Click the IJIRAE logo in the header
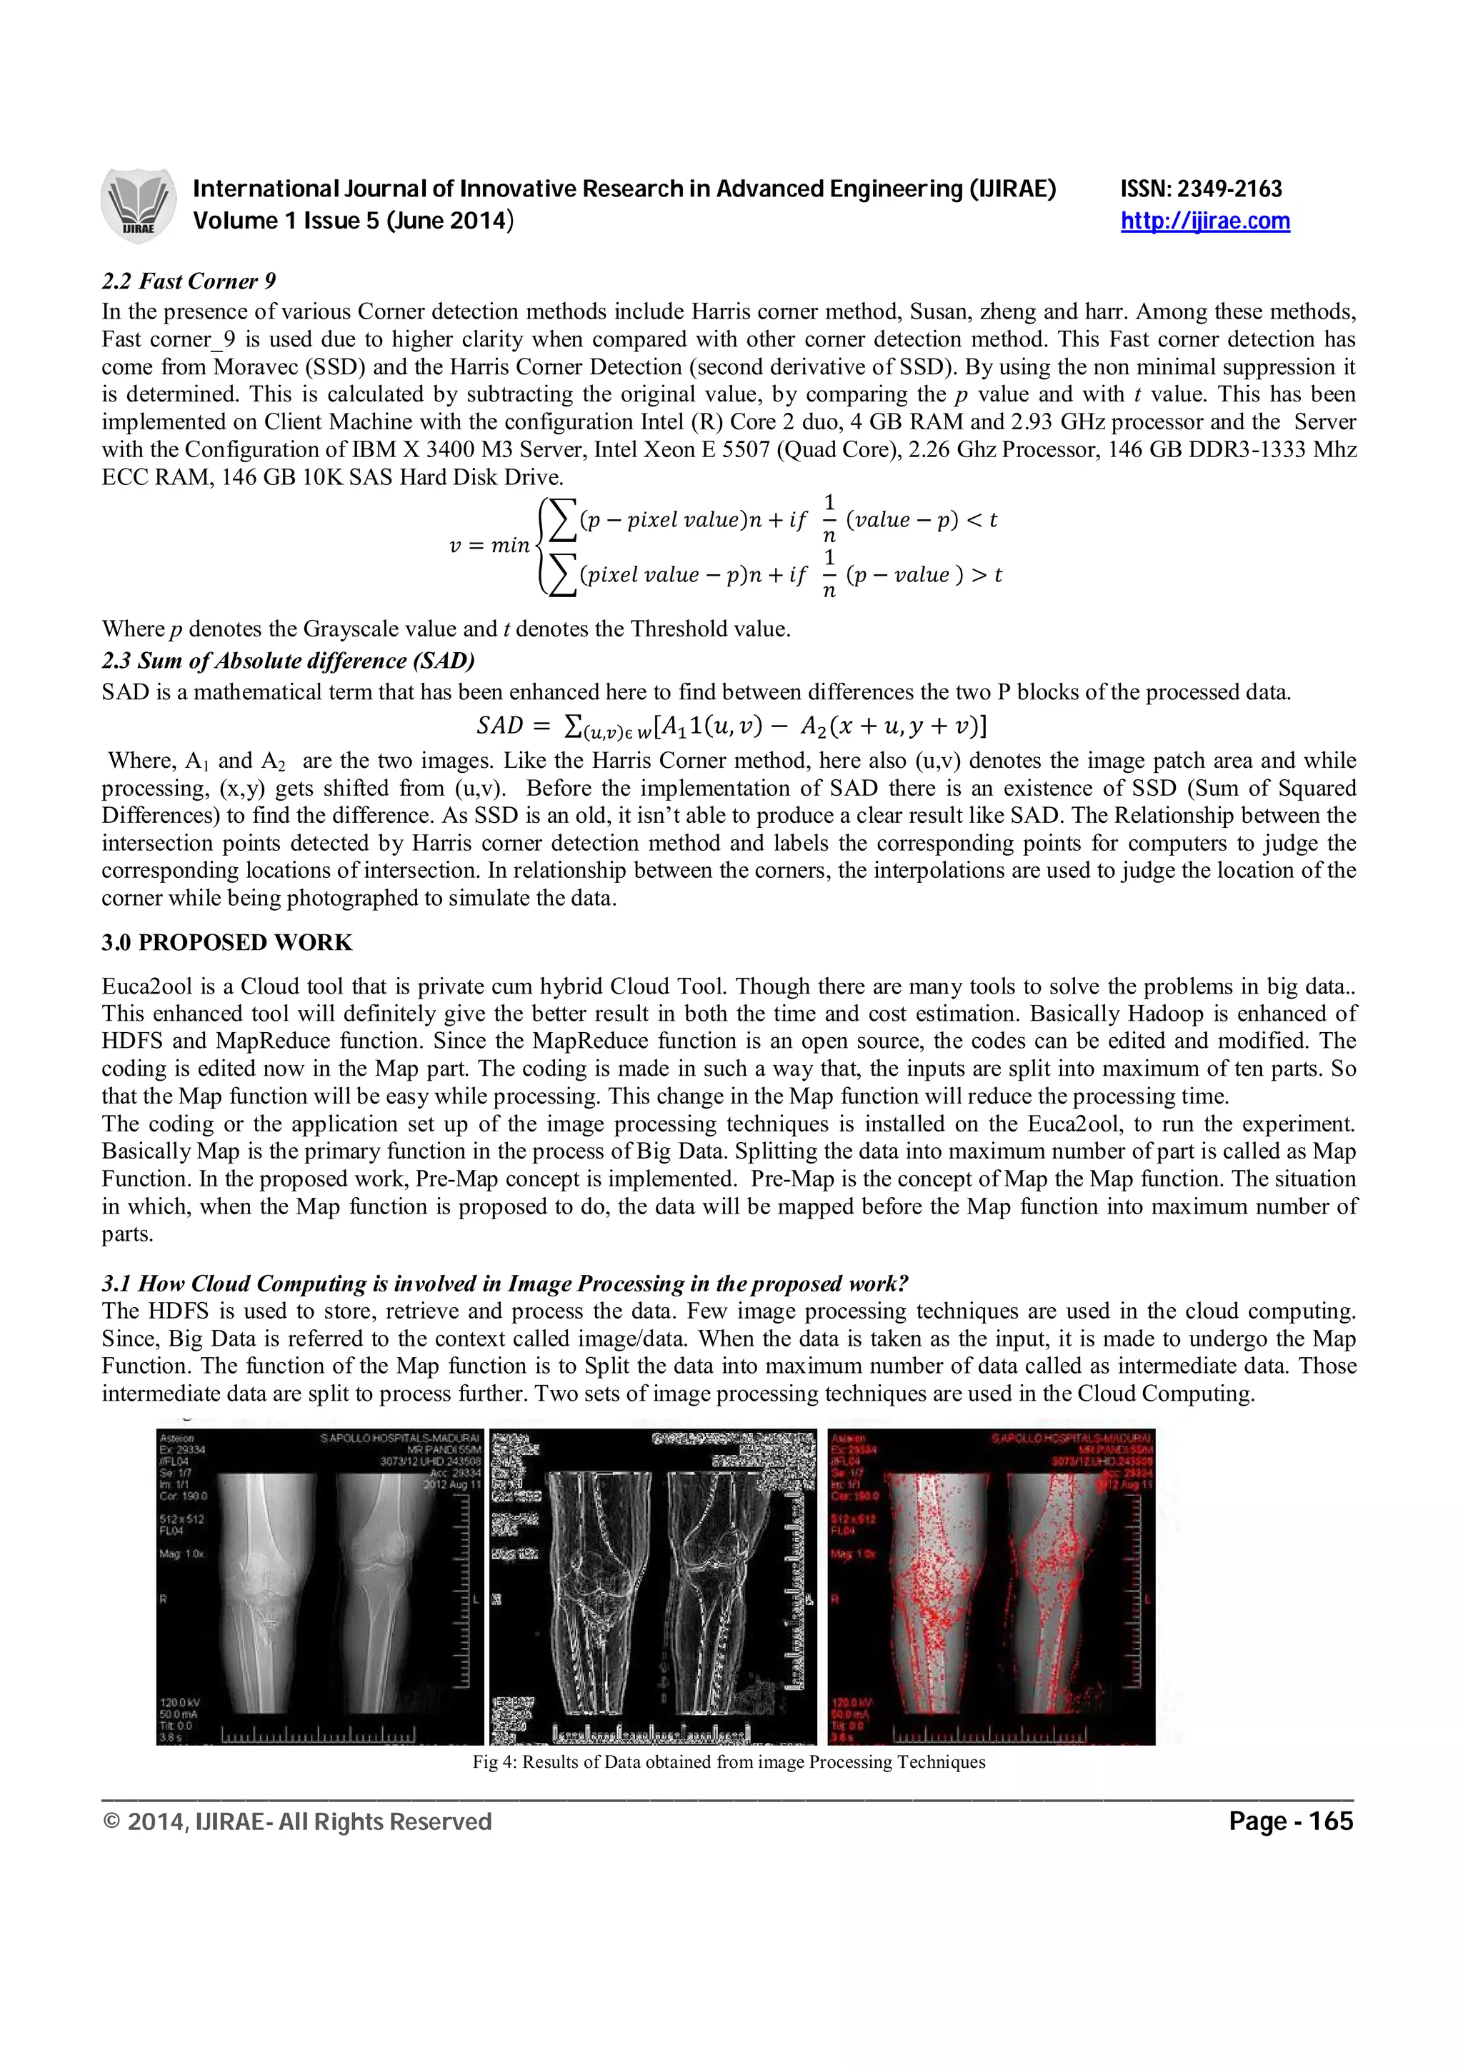point(137,205)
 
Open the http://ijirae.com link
point(1204,221)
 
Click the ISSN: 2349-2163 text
point(1201,189)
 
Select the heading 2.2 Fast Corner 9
point(189,281)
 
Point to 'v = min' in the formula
point(489,546)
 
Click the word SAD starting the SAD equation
point(499,725)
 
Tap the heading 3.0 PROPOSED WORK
point(226,942)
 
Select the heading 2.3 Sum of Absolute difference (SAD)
point(288,661)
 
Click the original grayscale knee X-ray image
point(319,1586)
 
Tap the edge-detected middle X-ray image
point(654,1586)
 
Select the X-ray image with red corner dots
point(990,1586)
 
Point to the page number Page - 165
point(1291,1822)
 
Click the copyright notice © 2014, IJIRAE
point(297,1822)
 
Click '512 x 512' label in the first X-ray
point(181,1519)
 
